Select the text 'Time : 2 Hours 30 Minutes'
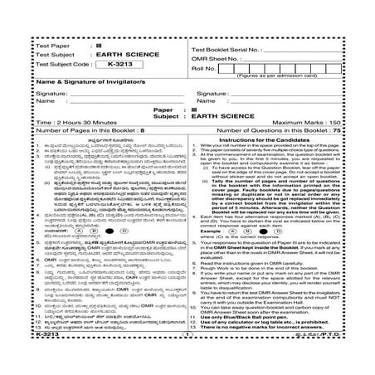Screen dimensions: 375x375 pyautogui.click(x=56, y=121)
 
